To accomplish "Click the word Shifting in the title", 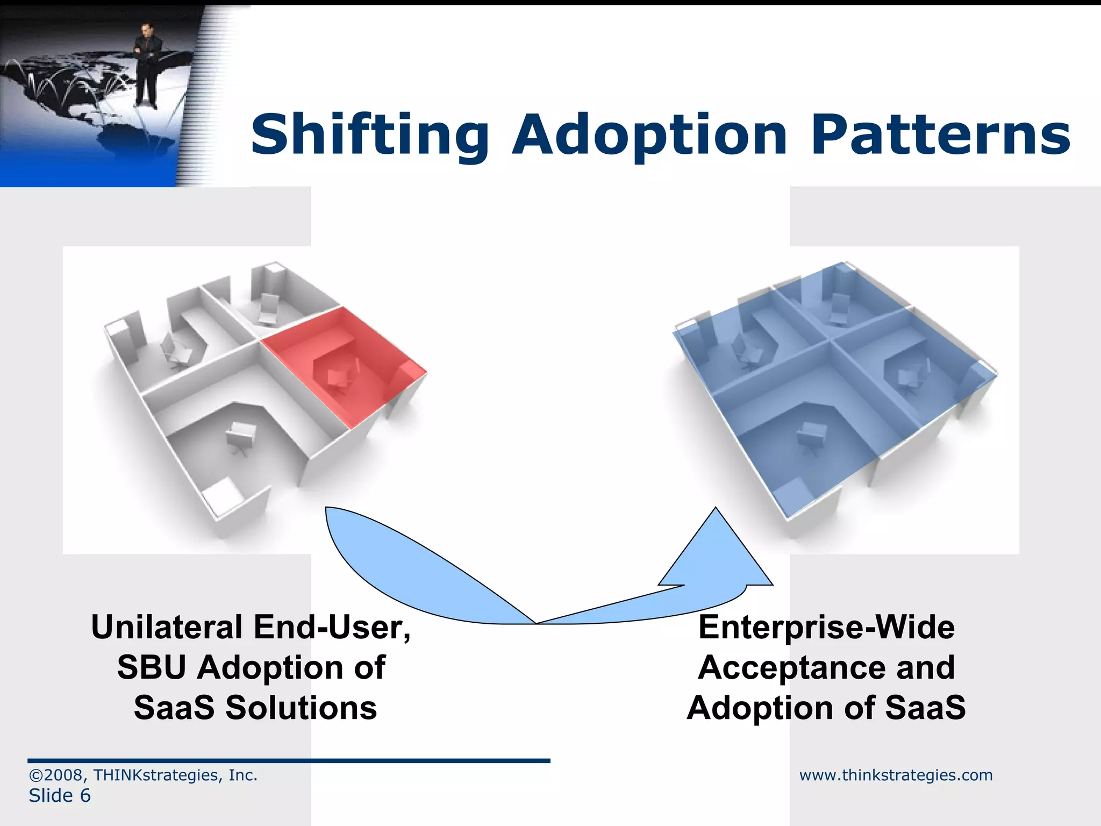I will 370,136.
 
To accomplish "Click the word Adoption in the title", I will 649,136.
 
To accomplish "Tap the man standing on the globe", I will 145,65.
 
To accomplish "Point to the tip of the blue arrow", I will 716,509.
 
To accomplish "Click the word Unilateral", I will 167,627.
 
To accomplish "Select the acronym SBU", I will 152,667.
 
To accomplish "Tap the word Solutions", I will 301,708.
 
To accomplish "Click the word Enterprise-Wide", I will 826,627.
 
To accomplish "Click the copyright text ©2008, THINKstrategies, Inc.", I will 143,775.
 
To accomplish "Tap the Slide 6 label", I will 60,795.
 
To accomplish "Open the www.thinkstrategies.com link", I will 896,775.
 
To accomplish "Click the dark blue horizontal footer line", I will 289,760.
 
